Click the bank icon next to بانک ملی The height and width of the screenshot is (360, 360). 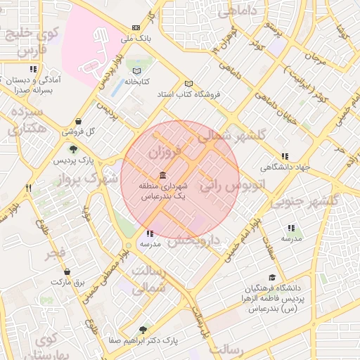point(136,27)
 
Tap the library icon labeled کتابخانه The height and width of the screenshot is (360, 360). point(136,71)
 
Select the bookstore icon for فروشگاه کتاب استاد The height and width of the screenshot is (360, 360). point(188,83)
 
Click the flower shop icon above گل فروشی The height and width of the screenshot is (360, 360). point(77,121)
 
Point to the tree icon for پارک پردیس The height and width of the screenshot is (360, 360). point(72,149)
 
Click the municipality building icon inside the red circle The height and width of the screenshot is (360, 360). point(162,174)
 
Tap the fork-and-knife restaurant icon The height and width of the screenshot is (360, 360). point(29,188)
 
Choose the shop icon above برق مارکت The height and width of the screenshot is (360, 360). point(67,271)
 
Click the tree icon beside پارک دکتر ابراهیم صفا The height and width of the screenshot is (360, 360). point(144,329)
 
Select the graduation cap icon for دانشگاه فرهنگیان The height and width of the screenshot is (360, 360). point(272,278)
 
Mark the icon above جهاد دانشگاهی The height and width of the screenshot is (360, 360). point(284,156)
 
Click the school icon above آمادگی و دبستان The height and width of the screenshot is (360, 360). point(32,70)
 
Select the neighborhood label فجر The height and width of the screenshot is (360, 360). point(57,252)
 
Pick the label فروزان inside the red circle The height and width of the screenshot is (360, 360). point(166,150)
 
